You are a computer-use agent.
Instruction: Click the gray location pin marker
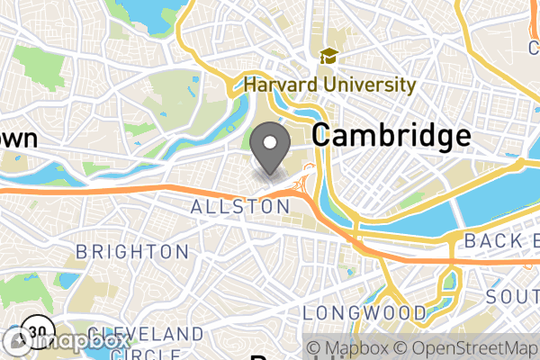point(273,148)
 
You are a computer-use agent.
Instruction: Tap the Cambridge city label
point(391,136)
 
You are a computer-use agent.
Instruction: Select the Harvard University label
point(330,86)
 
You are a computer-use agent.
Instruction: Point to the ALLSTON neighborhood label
point(240,207)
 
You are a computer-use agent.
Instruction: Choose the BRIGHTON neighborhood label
point(132,252)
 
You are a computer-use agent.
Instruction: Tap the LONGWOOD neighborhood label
point(364,312)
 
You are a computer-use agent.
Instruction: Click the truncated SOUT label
point(512,297)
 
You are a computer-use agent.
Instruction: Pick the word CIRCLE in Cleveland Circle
point(162,353)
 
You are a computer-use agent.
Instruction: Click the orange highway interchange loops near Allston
point(305,184)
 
